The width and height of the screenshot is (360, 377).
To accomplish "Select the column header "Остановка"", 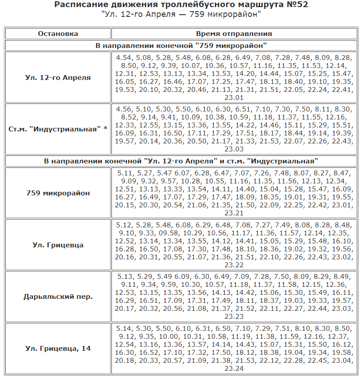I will (x=58, y=34).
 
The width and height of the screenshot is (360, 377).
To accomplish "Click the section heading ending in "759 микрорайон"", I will (x=181, y=46).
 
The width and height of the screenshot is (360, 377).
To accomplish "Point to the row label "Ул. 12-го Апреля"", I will (x=58, y=78).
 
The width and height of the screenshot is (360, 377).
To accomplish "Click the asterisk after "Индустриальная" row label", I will (x=105, y=129).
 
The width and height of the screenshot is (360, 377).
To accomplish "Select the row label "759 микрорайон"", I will (x=58, y=193).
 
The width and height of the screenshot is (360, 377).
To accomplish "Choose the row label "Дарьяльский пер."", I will (x=58, y=297).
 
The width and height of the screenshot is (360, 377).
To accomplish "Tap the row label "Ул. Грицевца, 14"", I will (x=58, y=349).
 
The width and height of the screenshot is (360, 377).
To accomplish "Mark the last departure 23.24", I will (x=234, y=369).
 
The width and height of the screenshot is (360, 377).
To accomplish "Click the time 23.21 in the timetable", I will (x=234, y=213).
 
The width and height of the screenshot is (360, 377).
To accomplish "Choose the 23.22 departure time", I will (x=234, y=265).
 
